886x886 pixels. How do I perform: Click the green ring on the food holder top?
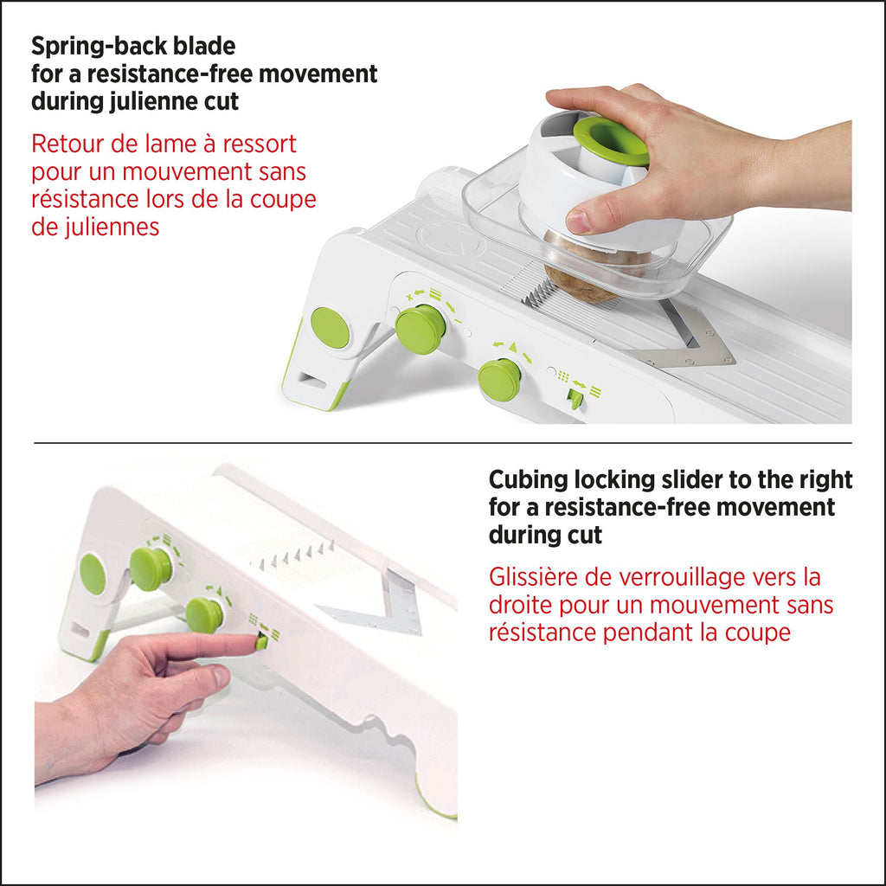[611, 141]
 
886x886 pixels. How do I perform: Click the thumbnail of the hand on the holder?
[577, 221]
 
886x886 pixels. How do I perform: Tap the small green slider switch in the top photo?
[575, 400]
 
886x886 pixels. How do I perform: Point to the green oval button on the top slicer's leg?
[330, 329]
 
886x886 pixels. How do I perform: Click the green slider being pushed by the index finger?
[262, 643]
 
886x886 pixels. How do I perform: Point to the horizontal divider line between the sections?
[443, 443]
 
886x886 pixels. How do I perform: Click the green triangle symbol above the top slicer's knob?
[513, 348]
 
